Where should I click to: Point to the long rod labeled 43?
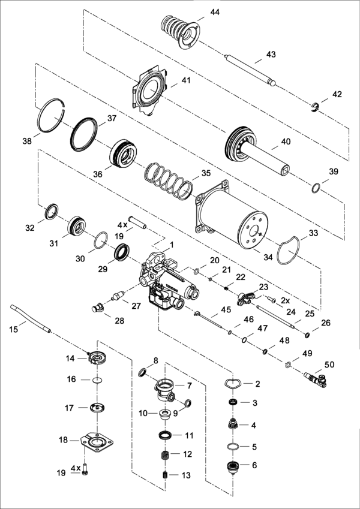point(249,68)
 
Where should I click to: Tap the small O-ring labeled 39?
point(316,189)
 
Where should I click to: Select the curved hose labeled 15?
point(30,318)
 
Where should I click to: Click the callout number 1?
point(172,245)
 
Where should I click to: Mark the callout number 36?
point(98,174)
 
